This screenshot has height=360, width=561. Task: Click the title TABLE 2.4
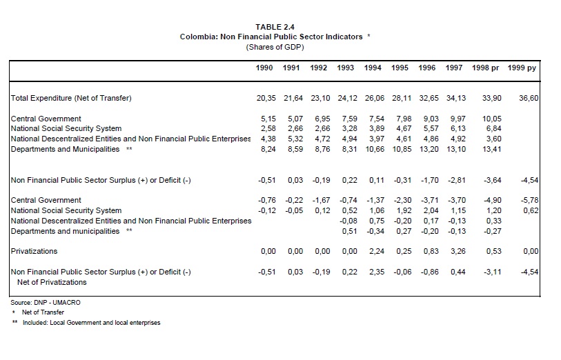click(x=275, y=27)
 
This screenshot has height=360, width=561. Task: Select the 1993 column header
click(x=346, y=68)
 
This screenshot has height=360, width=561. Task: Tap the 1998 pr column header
click(x=486, y=68)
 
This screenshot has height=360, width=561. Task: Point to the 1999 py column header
click(x=522, y=68)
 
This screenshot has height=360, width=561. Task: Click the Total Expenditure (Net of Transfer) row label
click(x=71, y=98)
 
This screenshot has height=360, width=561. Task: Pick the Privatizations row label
click(x=35, y=252)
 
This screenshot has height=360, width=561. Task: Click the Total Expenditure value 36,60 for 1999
click(x=529, y=98)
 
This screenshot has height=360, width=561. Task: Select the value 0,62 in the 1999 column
click(x=530, y=210)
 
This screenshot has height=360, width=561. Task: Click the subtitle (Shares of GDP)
click(x=275, y=47)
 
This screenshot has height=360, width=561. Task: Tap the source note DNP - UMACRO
click(x=50, y=302)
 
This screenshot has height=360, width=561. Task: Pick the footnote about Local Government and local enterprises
click(x=91, y=322)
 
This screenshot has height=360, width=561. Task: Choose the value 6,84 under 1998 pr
click(x=493, y=129)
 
